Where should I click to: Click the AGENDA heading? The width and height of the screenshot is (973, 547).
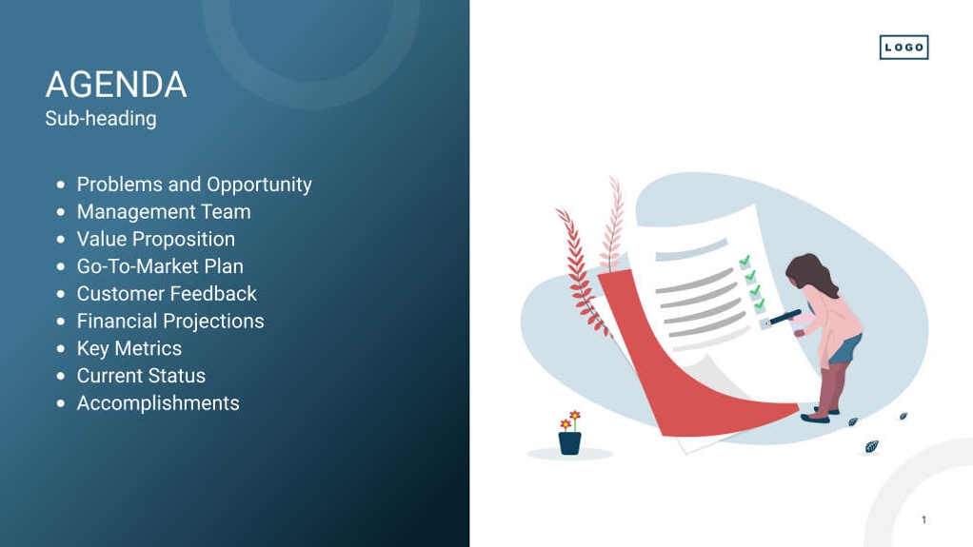click(115, 85)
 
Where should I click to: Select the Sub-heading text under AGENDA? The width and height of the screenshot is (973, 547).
click(100, 119)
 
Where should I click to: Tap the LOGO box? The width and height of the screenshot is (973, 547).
click(903, 48)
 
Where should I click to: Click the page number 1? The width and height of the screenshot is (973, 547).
click(923, 519)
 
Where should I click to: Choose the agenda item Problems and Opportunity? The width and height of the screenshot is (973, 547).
click(193, 185)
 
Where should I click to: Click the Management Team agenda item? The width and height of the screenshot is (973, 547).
click(163, 212)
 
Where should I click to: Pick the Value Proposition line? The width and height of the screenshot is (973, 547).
click(155, 240)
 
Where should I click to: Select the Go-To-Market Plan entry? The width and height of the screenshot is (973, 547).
click(159, 266)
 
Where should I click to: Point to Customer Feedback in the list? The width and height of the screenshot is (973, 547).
click(166, 294)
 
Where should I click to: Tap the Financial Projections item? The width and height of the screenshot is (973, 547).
click(169, 322)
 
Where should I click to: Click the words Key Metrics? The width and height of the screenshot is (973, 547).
click(129, 348)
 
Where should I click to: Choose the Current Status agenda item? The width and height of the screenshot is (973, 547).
click(140, 376)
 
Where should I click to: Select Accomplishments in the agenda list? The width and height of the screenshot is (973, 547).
click(157, 403)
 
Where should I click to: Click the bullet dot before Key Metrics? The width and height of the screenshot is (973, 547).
click(61, 349)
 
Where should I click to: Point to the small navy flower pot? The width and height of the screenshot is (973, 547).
click(569, 442)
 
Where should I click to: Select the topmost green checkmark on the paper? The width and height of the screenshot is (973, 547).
click(745, 260)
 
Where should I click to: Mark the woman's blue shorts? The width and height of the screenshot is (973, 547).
click(844, 349)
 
